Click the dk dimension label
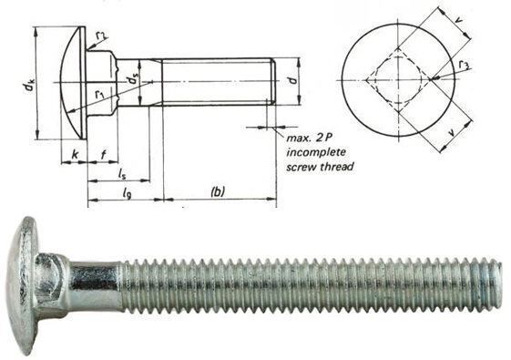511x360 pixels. [28, 86]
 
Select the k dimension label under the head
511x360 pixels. [75, 154]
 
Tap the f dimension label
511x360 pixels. [103, 154]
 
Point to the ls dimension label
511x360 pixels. [121, 174]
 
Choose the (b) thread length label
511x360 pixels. [218, 191]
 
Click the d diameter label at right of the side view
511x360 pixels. [293, 80]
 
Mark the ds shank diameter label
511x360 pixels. [133, 78]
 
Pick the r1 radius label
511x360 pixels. [99, 95]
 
